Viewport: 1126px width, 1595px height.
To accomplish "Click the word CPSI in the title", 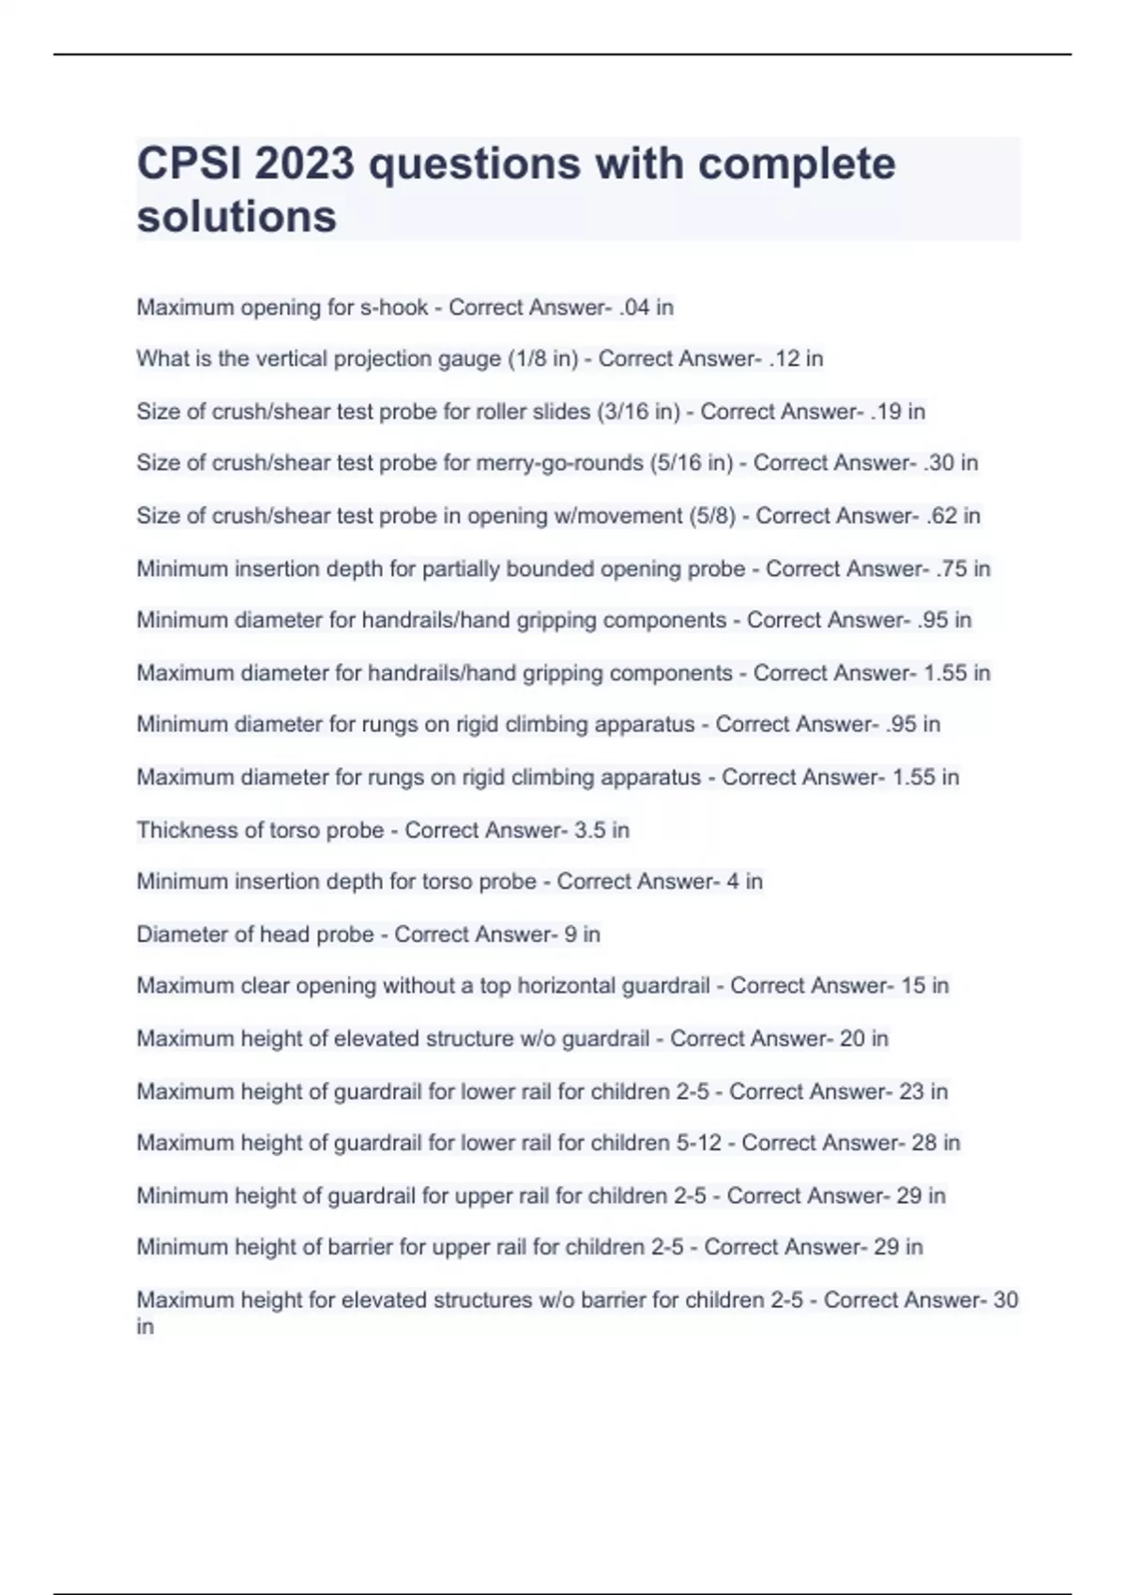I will tap(188, 164).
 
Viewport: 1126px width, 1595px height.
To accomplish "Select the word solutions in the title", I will tap(236, 217).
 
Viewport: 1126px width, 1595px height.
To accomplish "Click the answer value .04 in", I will tap(646, 308).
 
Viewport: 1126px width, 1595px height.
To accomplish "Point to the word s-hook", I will tap(394, 308).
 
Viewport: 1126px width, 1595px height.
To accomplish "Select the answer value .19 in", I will tap(898, 411).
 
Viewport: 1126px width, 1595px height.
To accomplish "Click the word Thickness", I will tap(181, 829).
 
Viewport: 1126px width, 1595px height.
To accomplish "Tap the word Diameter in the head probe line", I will tap(179, 934).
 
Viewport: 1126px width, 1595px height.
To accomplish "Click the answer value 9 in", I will tap(582, 934).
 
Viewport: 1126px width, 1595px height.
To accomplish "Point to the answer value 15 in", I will tap(924, 985).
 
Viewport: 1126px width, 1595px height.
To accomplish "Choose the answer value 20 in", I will tap(864, 1038).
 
